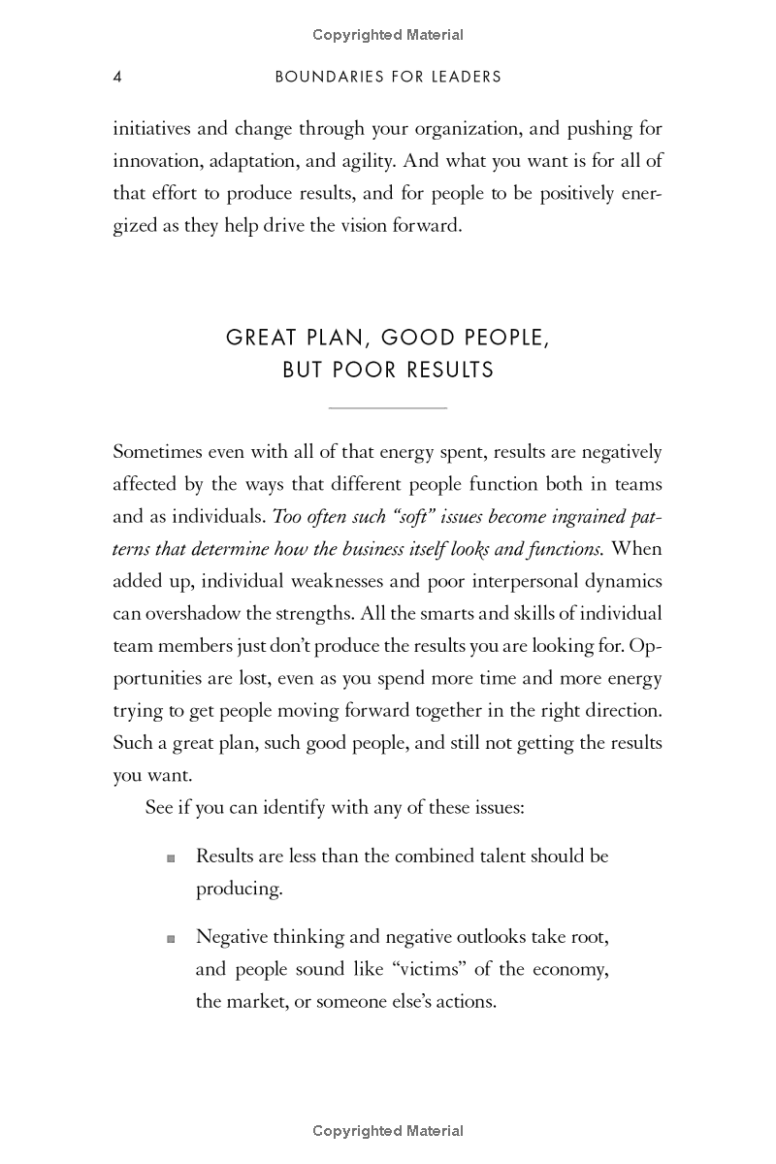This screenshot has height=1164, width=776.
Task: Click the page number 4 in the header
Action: click(117, 77)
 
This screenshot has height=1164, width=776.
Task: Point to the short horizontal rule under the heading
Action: click(388, 408)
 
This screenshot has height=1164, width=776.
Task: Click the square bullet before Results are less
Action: click(172, 857)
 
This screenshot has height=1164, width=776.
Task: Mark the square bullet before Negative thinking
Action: click(172, 938)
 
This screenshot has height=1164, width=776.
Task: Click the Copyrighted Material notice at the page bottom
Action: click(388, 1130)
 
